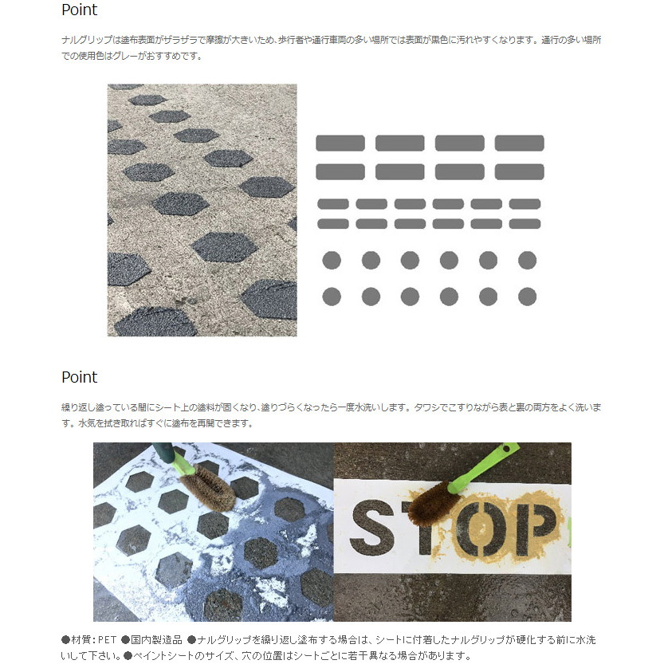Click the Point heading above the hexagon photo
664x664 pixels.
pyautogui.click(x=79, y=10)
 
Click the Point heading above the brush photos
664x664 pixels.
pyautogui.click(x=79, y=377)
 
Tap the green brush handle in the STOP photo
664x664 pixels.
pyautogui.click(x=483, y=466)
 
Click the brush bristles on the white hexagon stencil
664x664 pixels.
pyautogui.click(x=207, y=486)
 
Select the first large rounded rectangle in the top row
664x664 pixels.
pyautogui.click(x=340, y=143)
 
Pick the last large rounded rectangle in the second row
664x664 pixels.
pyautogui.click(x=519, y=172)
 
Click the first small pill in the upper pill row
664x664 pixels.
pyautogui.click(x=333, y=204)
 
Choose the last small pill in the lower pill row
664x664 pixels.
pyautogui.click(x=525, y=223)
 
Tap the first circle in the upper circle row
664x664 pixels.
pyautogui.click(x=332, y=260)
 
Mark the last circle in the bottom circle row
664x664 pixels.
pyautogui.click(x=527, y=297)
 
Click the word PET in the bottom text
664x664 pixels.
pyautogui.click(x=107, y=640)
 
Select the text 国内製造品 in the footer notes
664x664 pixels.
pyautogui.click(x=156, y=640)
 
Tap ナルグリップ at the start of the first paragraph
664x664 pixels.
pyautogui.click(x=87, y=40)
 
